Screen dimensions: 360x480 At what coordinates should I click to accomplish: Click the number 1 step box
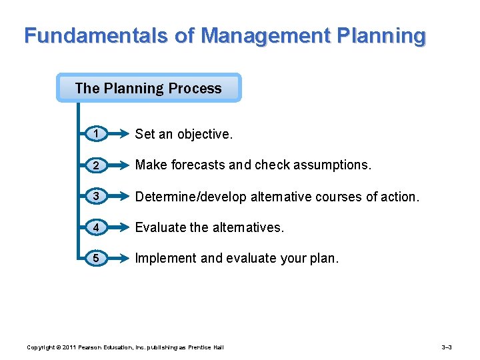[97, 134]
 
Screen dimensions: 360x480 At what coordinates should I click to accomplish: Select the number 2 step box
[97, 165]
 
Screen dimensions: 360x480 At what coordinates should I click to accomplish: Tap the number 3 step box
[97, 196]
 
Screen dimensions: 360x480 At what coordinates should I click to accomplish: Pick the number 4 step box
[97, 227]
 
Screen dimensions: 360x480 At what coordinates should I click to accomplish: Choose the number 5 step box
[97, 258]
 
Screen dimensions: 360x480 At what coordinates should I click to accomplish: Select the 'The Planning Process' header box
[148, 88]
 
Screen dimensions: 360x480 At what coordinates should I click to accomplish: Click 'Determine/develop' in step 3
[191, 197]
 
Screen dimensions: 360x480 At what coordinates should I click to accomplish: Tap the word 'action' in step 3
[397, 197]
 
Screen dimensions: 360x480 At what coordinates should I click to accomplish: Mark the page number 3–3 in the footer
[447, 347]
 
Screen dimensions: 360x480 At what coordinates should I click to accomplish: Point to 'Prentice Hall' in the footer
[207, 347]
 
